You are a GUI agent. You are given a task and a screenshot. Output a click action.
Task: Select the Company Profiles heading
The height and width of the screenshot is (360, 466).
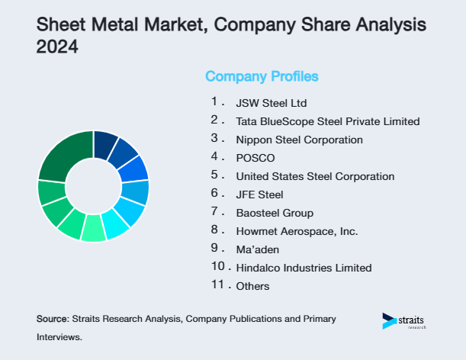[262, 76]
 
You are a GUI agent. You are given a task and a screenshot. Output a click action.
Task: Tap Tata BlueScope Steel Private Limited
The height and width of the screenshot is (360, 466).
[328, 121]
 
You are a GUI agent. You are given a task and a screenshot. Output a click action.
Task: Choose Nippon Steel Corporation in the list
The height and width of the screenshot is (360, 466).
[299, 140]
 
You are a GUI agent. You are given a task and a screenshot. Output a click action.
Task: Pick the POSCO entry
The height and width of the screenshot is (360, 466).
[255, 158]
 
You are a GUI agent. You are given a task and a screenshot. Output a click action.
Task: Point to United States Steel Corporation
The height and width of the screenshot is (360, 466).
[315, 176]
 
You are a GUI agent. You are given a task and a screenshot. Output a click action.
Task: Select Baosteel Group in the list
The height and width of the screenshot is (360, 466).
[275, 213]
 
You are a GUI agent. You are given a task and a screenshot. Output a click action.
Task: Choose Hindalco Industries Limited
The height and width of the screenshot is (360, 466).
[304, 268]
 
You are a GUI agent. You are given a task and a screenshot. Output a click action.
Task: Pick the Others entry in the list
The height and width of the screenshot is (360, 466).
[253, 286]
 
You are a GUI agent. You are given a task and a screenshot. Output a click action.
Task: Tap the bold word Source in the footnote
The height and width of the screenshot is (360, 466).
[52, 318]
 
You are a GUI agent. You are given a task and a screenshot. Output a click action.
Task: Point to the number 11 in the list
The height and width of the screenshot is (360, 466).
[217, 284]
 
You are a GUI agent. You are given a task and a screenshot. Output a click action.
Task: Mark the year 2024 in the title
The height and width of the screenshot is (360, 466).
[57, 47]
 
